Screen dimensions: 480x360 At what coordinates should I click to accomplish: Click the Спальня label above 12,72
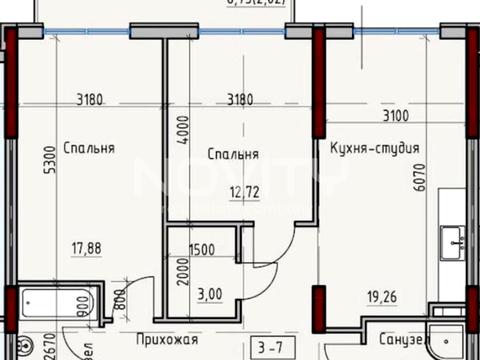pyautogui.click(x=233, y=155)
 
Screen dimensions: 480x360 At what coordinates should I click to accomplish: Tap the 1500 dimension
pyautogui.click(x=200, y=248)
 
